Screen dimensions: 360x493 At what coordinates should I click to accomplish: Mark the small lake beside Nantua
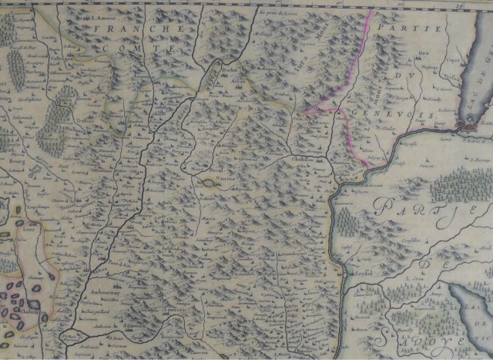pyautogui.click(x=207, y=183)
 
